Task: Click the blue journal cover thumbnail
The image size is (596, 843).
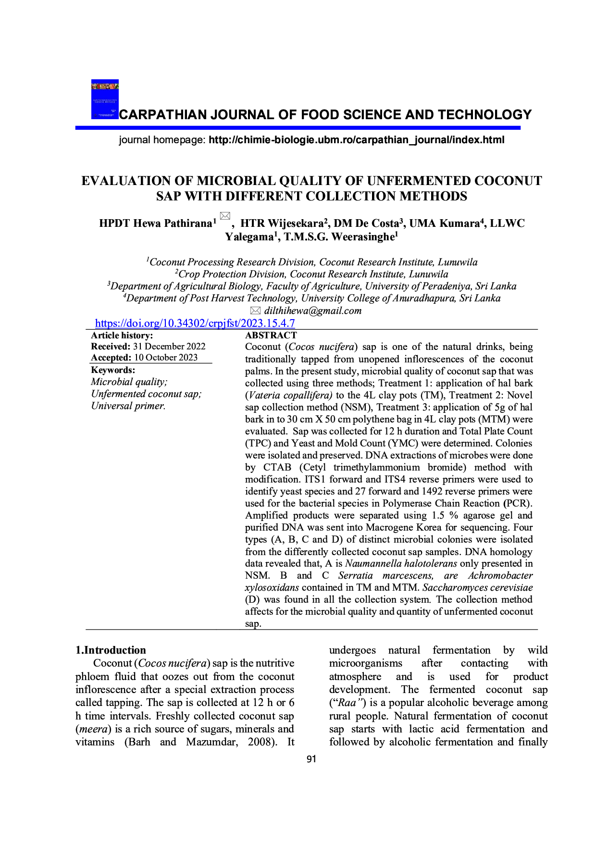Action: [x=105, y=99]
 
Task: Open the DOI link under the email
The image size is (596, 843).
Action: [x=195, y=323]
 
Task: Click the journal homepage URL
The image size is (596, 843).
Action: [x=356, y=140]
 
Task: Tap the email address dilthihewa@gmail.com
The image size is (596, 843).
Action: [x=312, y=310]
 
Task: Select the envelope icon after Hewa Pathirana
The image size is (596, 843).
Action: [x=224, y=216]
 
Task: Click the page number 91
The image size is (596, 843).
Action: [x=311, y=758]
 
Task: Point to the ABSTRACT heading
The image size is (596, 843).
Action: [x=271, y=335]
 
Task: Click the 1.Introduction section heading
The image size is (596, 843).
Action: [x=111, y=650]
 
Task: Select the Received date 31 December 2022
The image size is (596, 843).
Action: [x=169, y=346]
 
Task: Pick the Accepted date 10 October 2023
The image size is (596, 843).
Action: [x=165, y=357]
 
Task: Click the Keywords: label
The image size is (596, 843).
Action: [x=113, y=370]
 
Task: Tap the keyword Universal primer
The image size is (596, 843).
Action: [x=128, y=406]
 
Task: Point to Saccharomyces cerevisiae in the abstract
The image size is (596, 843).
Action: [x=477, y=587]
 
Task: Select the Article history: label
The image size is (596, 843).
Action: [x=122, y=335]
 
